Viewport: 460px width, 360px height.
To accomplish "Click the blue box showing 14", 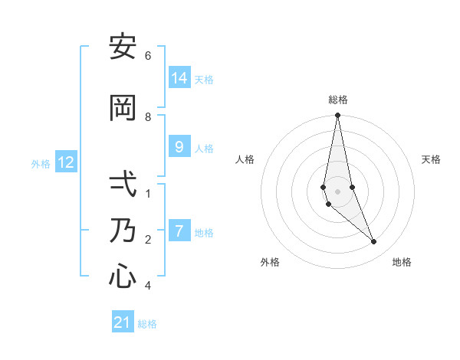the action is [x=179, y=77].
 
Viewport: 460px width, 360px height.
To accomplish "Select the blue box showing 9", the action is [x=179, y=146].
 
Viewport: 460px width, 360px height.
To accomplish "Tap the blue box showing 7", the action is [x=179, y=231].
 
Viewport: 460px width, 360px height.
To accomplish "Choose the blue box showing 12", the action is [x=66, y=162].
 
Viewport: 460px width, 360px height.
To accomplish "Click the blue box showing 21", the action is [x=123, y=322].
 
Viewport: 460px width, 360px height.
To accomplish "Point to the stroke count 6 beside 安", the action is [x=148, y=56].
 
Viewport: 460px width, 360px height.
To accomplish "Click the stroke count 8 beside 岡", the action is [x=148, y=117].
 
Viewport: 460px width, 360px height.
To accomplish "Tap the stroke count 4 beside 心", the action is [x=148, y=286].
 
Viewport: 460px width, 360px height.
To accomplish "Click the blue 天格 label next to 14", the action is [x=204, y=79].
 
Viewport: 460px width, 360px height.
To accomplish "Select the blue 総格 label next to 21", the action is [x=147, y=324].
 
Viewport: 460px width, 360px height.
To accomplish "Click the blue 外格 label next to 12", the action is [x=41, y=164].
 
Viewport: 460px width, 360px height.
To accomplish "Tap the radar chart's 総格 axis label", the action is [x=338, y=100].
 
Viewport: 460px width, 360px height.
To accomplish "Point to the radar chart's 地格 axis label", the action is [x=402, y=262].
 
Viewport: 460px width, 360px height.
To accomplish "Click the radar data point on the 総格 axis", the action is [x=337, y=116].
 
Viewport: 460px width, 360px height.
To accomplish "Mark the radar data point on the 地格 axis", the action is [x=374, y=242].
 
